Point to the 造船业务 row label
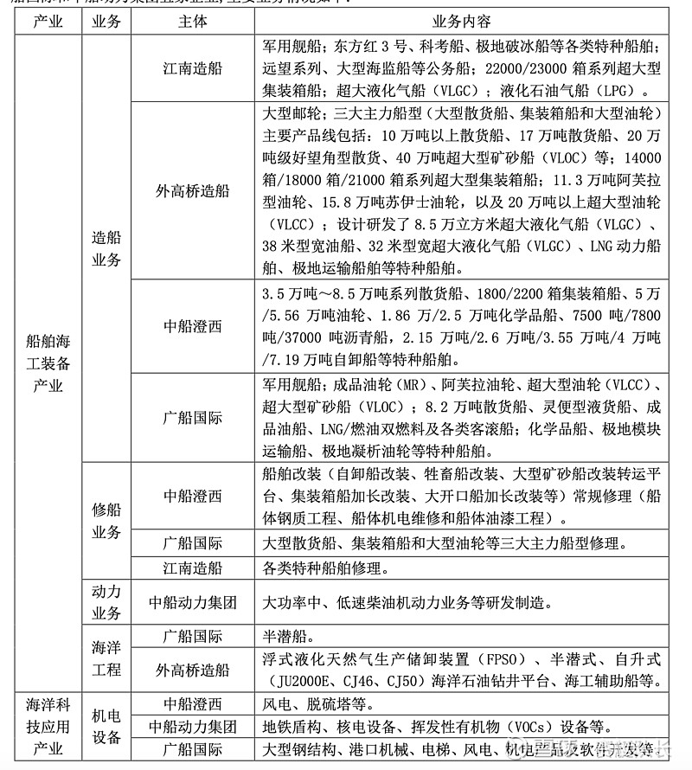tap(106, 247)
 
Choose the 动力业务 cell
tap(106, 602)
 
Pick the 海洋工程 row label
tap(106, 658)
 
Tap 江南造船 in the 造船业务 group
tap(192, 67)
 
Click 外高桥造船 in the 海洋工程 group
tap(192, 670)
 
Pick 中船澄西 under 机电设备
tap(192, 704)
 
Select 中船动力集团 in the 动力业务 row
tap(192, 602)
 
